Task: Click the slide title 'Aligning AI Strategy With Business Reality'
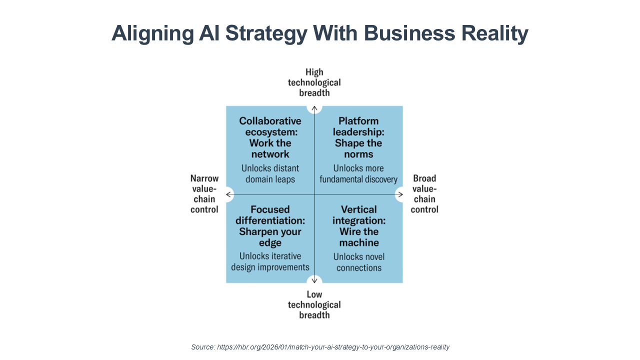320,33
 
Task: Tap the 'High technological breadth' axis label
314,82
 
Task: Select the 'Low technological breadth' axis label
314,304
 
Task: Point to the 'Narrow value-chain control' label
204,194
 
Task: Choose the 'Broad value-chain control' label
424,194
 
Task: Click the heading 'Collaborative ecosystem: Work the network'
270,137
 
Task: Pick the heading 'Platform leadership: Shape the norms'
358,137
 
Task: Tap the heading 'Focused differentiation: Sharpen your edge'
270,226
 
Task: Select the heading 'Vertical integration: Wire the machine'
359,226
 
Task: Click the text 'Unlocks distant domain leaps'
270,173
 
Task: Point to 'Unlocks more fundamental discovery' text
358,173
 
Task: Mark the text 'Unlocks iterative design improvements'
270,261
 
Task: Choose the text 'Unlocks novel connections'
359,262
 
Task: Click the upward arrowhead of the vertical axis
314,107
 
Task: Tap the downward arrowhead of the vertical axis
314,280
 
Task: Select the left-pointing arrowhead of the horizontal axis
229,194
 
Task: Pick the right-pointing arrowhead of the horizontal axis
399,194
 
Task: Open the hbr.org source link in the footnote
333,347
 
